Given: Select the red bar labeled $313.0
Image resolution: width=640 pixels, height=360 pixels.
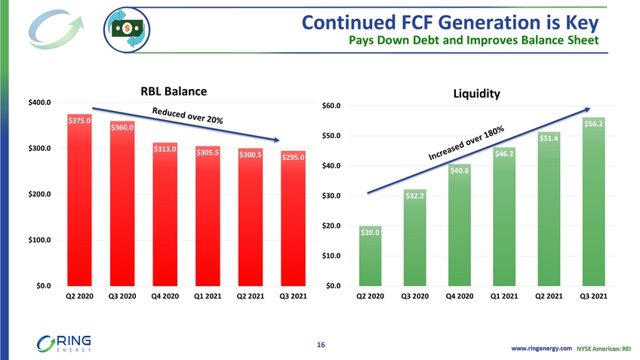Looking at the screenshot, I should point(165,214).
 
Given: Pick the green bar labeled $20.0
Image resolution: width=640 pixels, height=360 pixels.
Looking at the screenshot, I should point(370,256).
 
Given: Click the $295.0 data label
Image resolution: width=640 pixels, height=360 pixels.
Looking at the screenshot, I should point(292,158).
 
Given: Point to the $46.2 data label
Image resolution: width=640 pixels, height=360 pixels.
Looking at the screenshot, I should point(505,154).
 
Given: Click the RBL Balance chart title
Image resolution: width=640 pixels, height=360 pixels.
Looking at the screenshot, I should point(173,91).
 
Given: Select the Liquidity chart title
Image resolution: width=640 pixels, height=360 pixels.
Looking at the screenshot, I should point(476,94).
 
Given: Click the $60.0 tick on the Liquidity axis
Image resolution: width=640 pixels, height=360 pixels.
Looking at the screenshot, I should point(335,106).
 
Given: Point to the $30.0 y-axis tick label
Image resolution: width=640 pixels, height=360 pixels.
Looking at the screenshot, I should point(335,196).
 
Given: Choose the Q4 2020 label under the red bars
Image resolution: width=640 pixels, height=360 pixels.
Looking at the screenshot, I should point(165,297).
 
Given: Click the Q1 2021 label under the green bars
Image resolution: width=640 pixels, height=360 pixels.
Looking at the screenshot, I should point(505,297).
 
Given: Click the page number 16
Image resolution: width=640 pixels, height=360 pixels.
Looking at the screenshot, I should point(321,345).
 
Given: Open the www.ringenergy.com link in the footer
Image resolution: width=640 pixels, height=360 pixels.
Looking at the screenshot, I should point(542,348).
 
